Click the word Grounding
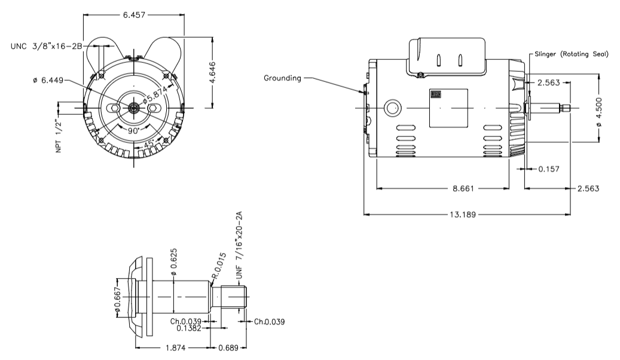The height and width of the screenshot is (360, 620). click(x=283, y=78)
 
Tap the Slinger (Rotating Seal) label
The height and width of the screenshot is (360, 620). click(x=572, y=54)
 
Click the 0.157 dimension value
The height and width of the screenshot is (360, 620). click(x=549, y=169)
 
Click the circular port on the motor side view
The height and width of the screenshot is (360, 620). click(x=393, y=108)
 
